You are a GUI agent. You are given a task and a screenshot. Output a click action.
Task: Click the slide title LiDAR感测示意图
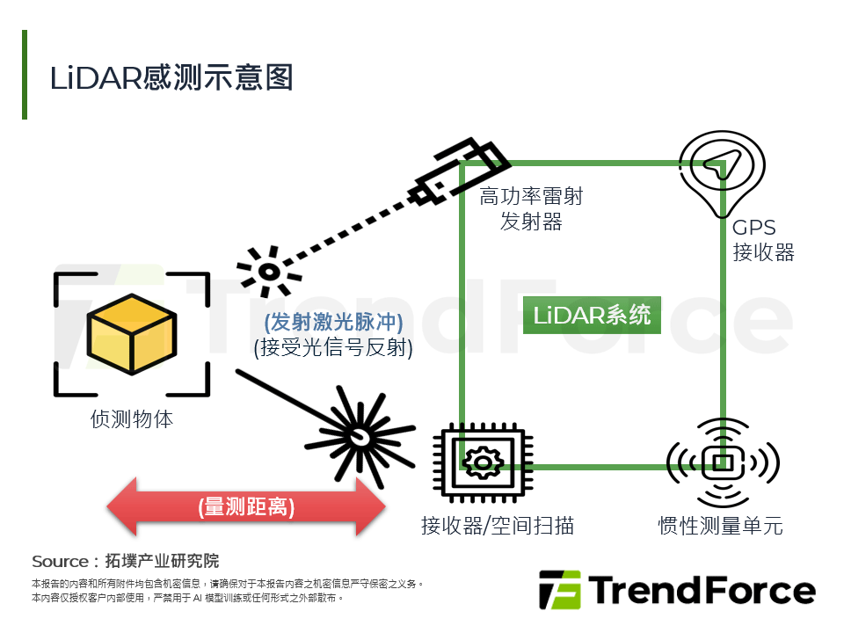tap(171, 77)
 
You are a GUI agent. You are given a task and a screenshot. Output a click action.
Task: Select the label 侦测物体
tap(132, 419)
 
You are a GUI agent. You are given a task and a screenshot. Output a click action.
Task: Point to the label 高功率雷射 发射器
tap(531, 208)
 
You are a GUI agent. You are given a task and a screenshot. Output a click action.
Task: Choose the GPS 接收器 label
tap(763, 241)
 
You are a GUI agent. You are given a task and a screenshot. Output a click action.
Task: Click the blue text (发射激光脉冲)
tap(333, 322)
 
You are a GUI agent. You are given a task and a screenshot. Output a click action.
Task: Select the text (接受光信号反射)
tap(333, 348)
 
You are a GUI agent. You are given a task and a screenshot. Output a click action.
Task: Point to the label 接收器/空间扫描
tap(498, 526)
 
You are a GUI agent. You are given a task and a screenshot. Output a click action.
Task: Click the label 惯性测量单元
tap(720, 526)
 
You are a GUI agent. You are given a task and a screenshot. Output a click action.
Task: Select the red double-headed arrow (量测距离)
tap(246, 507)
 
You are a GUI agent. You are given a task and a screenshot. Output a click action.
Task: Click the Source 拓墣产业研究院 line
tap(125, 561)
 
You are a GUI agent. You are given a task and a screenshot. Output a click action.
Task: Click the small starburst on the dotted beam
tap(266, 270)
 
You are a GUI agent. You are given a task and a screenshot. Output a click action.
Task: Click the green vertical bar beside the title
tap(25, 75)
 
